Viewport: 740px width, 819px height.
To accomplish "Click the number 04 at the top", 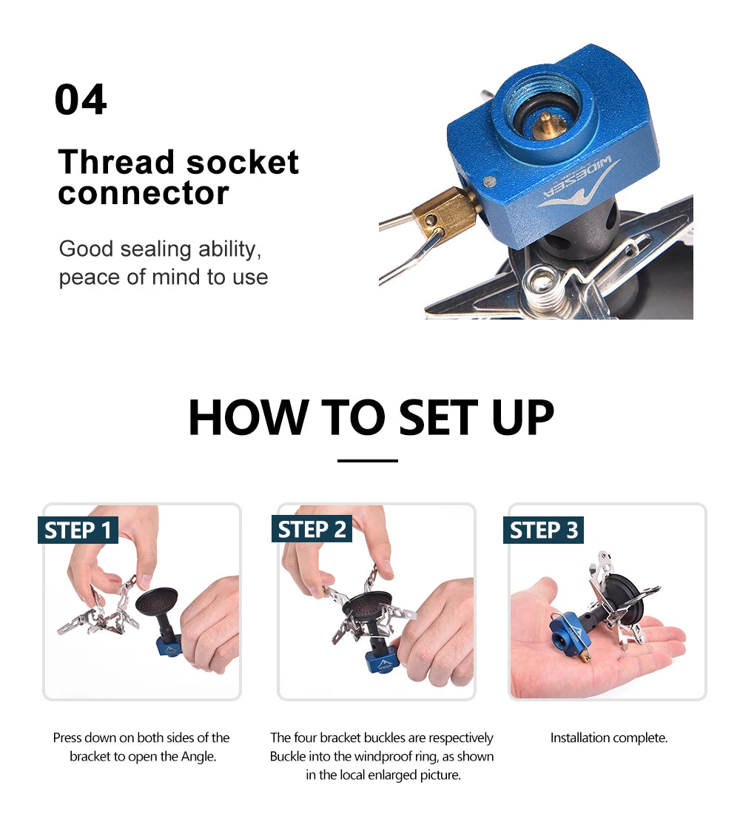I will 81,100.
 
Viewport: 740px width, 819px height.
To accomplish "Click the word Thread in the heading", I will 116,162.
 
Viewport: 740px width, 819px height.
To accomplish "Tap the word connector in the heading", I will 144,193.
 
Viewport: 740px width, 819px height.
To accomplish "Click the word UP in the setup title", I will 522,418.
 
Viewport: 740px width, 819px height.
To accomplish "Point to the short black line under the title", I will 368,461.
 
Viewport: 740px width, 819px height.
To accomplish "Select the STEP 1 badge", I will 78,530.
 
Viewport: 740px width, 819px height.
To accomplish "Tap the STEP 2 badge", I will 312,530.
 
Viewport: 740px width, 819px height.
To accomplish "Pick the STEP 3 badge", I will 544,530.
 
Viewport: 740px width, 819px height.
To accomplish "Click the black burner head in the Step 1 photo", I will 156,601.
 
